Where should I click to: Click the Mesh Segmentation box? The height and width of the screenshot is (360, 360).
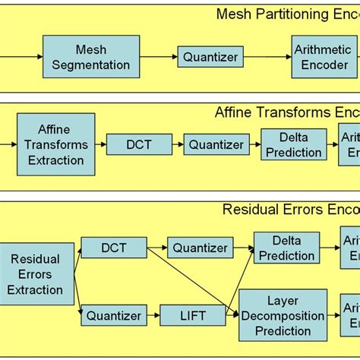pos(92,57)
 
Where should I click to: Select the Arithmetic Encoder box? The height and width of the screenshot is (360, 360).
pos(323,57)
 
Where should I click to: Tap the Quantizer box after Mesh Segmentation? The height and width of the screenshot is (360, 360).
pos(209,56)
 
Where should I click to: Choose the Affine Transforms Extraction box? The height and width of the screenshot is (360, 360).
pos(55,144)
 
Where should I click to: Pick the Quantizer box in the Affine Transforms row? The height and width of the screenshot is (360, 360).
pos(216,144)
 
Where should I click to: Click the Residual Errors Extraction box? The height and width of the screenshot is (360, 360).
pos(35,274)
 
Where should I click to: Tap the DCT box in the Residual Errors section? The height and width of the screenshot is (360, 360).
pos(114,248)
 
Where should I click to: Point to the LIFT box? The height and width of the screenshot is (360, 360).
pos(193,314)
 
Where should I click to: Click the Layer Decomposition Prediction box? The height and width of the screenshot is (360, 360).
pos(283,314)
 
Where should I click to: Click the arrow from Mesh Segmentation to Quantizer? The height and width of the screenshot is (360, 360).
pos(159,57)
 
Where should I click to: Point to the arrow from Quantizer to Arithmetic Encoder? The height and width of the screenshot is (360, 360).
pos(266,57)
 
